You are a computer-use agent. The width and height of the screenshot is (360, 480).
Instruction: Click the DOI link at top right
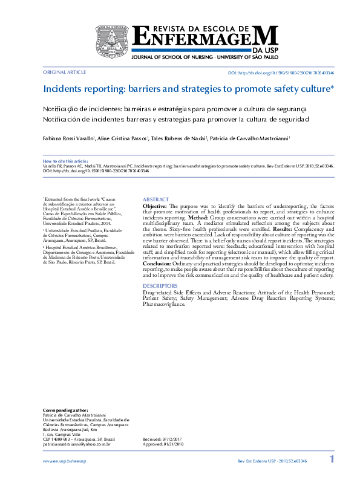281,73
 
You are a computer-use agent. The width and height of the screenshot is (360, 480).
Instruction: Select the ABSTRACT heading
155,199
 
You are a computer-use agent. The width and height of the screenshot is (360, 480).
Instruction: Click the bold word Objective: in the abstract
155,207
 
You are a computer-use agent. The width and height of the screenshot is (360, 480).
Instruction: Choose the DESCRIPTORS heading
160,285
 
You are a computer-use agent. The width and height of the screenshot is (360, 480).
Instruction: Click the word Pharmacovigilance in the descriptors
165,304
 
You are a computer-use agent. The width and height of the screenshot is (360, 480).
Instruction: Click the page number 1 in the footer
332,460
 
